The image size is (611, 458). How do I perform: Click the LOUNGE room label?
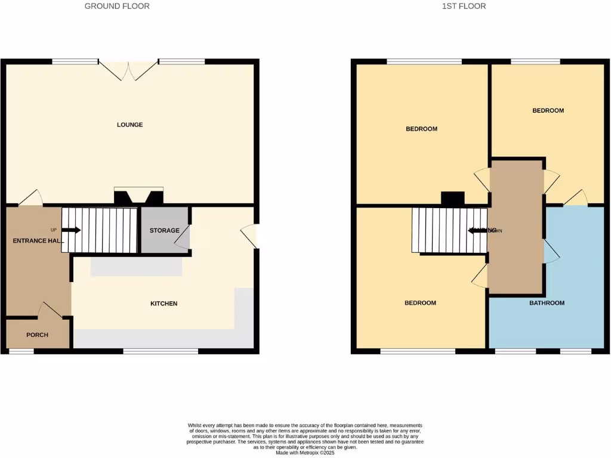[x=129, y=125]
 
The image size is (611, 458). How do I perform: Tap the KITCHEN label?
[x=163, y=304]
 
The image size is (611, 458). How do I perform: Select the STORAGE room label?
[x=164, y=231]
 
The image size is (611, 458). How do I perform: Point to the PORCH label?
[x=37, y=335]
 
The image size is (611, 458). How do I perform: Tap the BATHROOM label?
[x=547, y=303]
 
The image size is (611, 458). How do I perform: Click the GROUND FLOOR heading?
[x=117, y=6]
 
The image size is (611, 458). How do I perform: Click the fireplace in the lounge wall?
[x=138, y=197]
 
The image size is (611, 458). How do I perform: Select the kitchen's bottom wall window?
[x=161, y=351]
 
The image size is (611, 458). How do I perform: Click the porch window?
[x=21, y=351]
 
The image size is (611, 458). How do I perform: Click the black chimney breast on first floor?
[x=452, y=199]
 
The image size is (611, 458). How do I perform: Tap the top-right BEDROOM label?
[x=548, y=110]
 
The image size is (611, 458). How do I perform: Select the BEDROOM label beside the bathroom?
[x=420, y=303]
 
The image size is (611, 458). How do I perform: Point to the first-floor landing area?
[x=516, y=227]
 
